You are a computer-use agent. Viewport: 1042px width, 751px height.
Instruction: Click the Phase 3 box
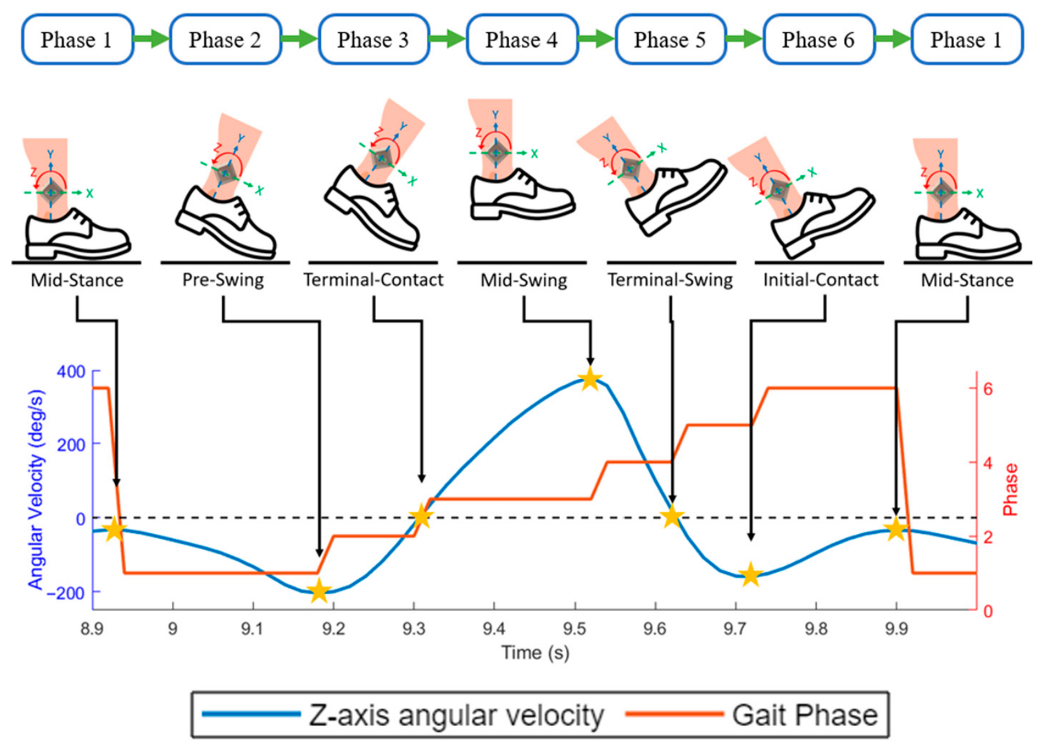click(373, 39)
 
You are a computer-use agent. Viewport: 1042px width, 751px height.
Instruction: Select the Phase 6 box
click(818, 39)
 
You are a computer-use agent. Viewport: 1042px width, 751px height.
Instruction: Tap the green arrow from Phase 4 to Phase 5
click(596, 39)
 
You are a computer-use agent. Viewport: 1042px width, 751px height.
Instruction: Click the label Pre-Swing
click(223, 280)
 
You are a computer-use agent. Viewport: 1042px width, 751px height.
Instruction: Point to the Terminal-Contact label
click(374, 280)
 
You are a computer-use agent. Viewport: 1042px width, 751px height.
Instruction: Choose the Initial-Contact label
click(820, 280)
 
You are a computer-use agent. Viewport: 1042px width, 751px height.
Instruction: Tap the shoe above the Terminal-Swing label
click(675, 196)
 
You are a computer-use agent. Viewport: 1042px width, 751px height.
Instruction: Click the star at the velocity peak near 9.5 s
click(590, 379)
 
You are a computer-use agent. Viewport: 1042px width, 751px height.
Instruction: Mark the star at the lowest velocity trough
click(319, 591)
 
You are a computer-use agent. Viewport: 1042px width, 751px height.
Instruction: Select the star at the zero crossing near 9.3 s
click(421, 516)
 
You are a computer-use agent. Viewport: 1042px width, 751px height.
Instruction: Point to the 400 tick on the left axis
click(71, 371)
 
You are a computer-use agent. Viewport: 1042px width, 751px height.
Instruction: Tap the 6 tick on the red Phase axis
click(987, 389)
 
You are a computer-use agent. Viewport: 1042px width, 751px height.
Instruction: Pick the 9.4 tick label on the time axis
click(494, 629)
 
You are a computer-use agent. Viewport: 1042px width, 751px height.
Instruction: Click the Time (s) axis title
click(535, 652)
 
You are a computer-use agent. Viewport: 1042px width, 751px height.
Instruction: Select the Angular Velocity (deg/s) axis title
click(36, 490)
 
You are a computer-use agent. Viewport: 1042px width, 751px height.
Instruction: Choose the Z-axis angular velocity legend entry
click(403, 715)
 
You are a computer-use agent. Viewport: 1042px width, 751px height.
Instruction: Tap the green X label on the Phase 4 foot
click(535, 154)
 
